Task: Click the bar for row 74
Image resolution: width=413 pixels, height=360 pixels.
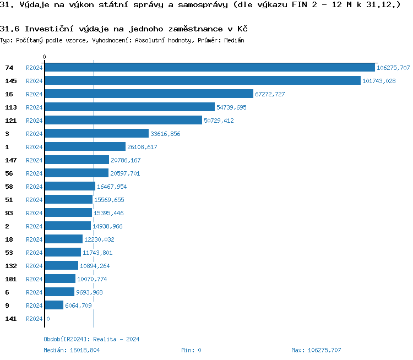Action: click(209, 68)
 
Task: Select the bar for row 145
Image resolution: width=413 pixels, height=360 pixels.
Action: click(202, 81)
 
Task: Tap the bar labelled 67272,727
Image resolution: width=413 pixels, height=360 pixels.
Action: click(149, 94)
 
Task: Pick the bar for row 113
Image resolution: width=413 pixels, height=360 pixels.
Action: click(129, 107)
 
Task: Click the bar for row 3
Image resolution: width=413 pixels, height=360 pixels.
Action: click(96, 134)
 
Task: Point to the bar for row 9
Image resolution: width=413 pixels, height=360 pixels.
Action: click(54, 306)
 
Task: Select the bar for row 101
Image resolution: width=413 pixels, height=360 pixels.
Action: click(60, 279)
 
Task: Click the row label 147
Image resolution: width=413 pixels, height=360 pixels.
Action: click(10, 160)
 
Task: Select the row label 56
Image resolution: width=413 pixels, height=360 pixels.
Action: click(9, 173)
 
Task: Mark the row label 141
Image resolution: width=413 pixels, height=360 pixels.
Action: click(10, 319)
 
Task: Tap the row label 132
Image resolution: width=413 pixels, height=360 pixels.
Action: click(10, 266)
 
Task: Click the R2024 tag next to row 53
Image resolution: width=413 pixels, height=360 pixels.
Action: click(34, 253)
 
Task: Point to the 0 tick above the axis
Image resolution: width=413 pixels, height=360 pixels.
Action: click(45, 57)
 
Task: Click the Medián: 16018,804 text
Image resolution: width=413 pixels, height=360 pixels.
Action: click(72, 350)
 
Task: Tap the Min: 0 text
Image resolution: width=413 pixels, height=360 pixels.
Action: click(191, 350)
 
